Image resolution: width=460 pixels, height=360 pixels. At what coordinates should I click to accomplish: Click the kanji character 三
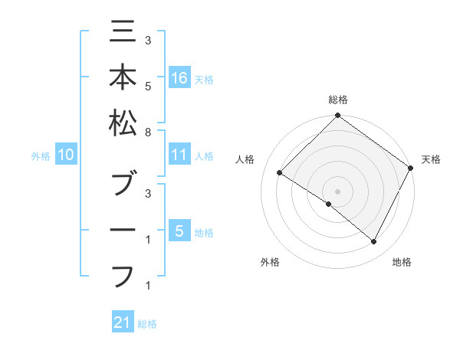pyautogui.click(x=123, y=33)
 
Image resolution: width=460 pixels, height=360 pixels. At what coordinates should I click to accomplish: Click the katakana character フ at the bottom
pyautogui.click(x=123, y=275)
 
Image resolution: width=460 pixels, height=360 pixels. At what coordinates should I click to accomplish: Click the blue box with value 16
pyautogui.click(x=179, y=77)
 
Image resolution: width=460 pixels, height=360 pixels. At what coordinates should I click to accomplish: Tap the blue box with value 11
pyautogui.click(x=179, y=155)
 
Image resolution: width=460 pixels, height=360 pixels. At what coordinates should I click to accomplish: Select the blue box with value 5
pyautogui.click(x=179, y=231)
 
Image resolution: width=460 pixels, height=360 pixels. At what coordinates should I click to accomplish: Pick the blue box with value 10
pyautogui.click(x=66, y=155)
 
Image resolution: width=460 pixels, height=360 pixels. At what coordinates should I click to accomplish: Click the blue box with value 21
pyautogui.click(x=123, y=322)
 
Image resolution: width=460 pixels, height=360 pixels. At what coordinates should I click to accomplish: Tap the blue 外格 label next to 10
pyautogui.click(x=41, y=156)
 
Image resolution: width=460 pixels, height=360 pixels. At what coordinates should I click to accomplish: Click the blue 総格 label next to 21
pyautogui.click(x=147, y=324)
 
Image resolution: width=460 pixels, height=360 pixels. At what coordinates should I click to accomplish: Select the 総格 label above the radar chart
pyautogui.click(x=337, y=100)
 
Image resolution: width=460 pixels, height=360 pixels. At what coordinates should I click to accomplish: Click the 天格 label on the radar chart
pyautogui.click(x=431, y=159)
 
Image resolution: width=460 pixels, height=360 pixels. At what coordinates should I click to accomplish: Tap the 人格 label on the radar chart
pyautogui.click(x=245, y=159)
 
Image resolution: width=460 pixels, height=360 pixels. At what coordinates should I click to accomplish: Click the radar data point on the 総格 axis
pyautogui.click(x=337, y=116)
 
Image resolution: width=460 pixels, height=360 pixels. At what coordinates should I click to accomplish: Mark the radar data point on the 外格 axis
pyautogui.click(x=328, y=205)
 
